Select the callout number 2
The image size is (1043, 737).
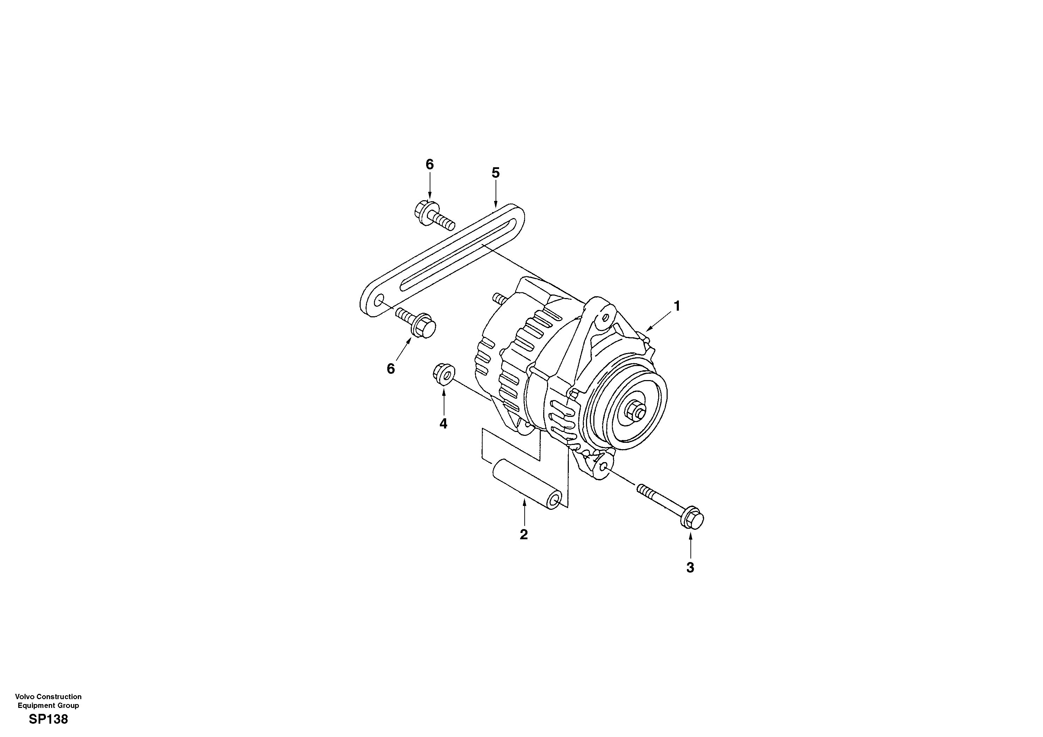(x=524, y=535)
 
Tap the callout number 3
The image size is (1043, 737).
(x=690, y=568)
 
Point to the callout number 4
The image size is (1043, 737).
(x=443, y=424)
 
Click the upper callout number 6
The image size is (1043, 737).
(x=430, y=164)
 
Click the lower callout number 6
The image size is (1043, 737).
(x=391, y=369)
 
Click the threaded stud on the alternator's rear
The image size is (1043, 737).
(x=499, y=298)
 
